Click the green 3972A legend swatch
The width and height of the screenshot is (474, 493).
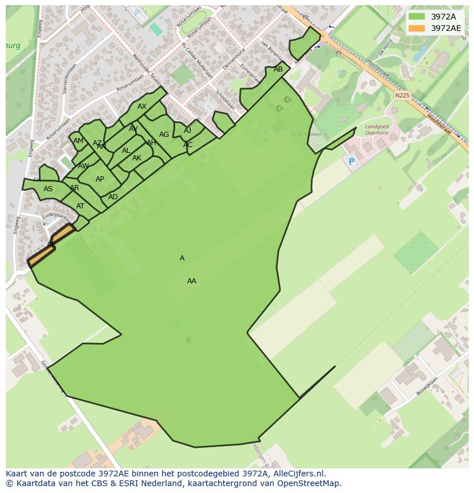tap(417, 17)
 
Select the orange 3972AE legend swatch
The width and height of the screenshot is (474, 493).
tap(417, 28)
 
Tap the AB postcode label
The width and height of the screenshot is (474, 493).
tap(278, 69)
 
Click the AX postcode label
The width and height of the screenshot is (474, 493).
tap(142, 107)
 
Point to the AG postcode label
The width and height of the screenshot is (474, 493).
tap(164, 135)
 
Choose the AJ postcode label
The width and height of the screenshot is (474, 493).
tap(188, 131)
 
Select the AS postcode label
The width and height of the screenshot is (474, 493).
tap(48, 189)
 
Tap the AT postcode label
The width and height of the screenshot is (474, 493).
tap(80, 206)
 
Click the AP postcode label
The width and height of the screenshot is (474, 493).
tap(100, 179)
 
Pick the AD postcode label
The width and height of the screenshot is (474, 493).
tap(113, 197)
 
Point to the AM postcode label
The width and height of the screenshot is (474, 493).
tap(78, 141)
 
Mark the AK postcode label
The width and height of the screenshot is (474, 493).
tap(137, 158)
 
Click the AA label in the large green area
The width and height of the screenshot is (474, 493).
tap(192, 281)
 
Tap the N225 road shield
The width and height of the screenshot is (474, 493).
tap(402, 96)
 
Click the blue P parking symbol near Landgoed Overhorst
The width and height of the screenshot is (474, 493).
tap(351, 162)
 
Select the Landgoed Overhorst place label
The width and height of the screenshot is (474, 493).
tap(377, 129)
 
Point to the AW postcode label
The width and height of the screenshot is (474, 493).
tap(84, 166)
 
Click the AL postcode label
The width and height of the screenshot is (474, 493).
tap(126, 151)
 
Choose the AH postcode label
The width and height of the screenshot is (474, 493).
tap(151, 143)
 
